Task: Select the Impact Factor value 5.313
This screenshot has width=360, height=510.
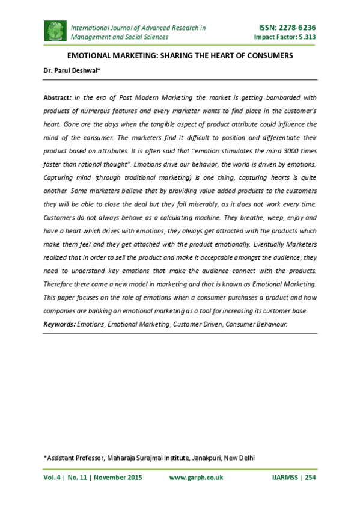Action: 305,37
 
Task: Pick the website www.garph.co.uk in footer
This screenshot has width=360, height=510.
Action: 197,478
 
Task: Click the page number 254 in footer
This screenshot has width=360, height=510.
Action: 310,478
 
